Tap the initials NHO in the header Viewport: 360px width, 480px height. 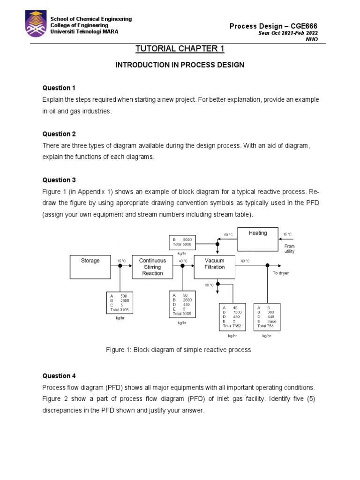point(311,39)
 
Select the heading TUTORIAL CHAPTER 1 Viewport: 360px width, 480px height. point(180,49)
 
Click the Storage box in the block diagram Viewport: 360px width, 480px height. point(90,266)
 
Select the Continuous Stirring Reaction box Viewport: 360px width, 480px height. point(152,267)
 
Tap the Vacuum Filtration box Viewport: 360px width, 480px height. point(215,264)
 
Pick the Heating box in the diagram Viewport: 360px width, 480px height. point(258,239)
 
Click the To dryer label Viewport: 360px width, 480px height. point(281,273)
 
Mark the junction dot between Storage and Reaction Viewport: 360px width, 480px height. point(120,265)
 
